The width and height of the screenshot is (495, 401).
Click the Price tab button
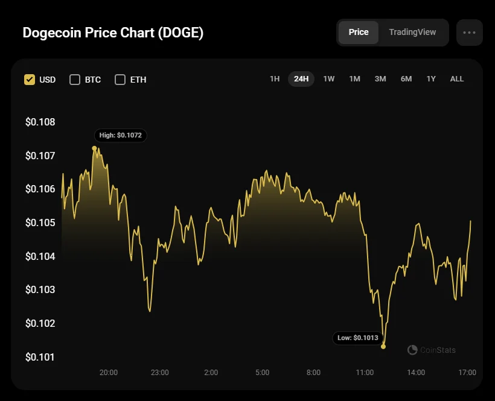pyautogui.click(x=359, y=32)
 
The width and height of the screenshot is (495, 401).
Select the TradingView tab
pyautogui.click(x=412, y=32)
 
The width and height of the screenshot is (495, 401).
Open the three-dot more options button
pyautogui.click(x=469, y=33)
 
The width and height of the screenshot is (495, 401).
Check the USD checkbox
pyautogui.click(x=30, y=80)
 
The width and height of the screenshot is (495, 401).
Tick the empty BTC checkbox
pyautogui.click(x=75, y=80)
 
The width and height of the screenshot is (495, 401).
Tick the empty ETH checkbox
pyautogui.click(x=120, y=80)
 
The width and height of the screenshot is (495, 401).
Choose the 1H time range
pyautogui.click(x=275, y=79)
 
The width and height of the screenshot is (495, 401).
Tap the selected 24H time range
pyautogui.click(x=301, y=79)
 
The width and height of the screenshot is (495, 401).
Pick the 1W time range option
pyautogui.click(x=328, y=79)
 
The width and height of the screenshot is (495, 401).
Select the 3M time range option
pyautogui.click(x=380, y=79)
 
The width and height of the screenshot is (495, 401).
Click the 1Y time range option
pyautogui.click(x=431, y=79)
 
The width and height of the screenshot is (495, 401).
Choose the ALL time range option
pyautogui.click(x=457, y=79)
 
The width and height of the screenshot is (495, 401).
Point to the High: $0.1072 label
pyautogui.click(x=120, y=135)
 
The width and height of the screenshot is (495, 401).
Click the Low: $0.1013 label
pyautogui.click(x=358, y=338)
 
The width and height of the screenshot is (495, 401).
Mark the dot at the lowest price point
pyautogui.click(x=383, y=346)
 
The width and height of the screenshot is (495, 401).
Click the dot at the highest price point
pyautogui.click(x=95, y=148)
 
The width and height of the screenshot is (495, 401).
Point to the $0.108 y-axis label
pyautogui.click(x=40, y=122)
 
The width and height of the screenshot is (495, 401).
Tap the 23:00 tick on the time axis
pyautogui.click(x=160, y=373)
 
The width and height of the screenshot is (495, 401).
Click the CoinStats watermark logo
pyautogui.click(x=413, y=350)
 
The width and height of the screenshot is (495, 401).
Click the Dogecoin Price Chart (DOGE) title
pyautogui.click(x=113, y=33)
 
